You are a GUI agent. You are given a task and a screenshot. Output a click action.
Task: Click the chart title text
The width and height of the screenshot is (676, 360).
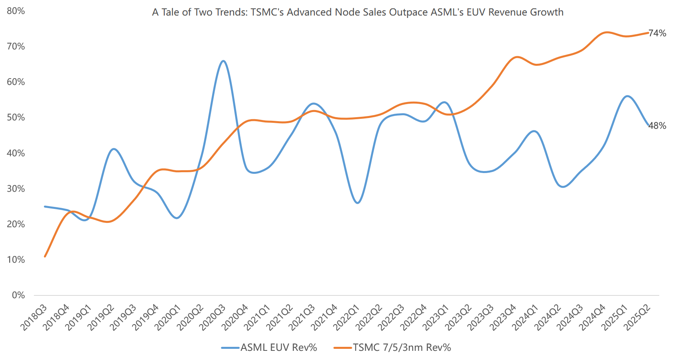pos(358,12)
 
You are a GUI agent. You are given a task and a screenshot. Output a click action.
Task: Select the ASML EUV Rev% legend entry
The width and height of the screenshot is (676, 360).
pos(269,348)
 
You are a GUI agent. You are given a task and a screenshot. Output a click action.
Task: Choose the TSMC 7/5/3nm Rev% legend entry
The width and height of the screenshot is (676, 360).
pos(392,348)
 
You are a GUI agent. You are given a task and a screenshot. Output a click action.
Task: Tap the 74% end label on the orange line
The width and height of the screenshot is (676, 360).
pos(657,33)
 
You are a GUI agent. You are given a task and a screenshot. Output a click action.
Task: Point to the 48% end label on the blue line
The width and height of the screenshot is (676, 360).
pos(657,126)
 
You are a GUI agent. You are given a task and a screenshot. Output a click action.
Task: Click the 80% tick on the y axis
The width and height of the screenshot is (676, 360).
pos(16,11)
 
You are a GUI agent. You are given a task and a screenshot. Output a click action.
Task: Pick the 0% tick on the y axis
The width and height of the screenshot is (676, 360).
pos(18,295)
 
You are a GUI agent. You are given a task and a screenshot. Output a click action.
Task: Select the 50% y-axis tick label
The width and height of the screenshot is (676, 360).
pos(16,117)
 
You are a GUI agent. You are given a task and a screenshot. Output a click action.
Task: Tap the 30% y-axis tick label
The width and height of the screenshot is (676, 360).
pos(16,189)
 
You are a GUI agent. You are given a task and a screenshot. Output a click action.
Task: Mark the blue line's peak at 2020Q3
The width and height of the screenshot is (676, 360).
pos(223,61)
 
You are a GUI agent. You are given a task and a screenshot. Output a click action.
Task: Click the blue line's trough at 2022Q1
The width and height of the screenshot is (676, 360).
pos(358,203)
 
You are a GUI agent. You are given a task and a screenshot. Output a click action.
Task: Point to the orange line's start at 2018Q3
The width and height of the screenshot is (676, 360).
pos(45,256)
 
